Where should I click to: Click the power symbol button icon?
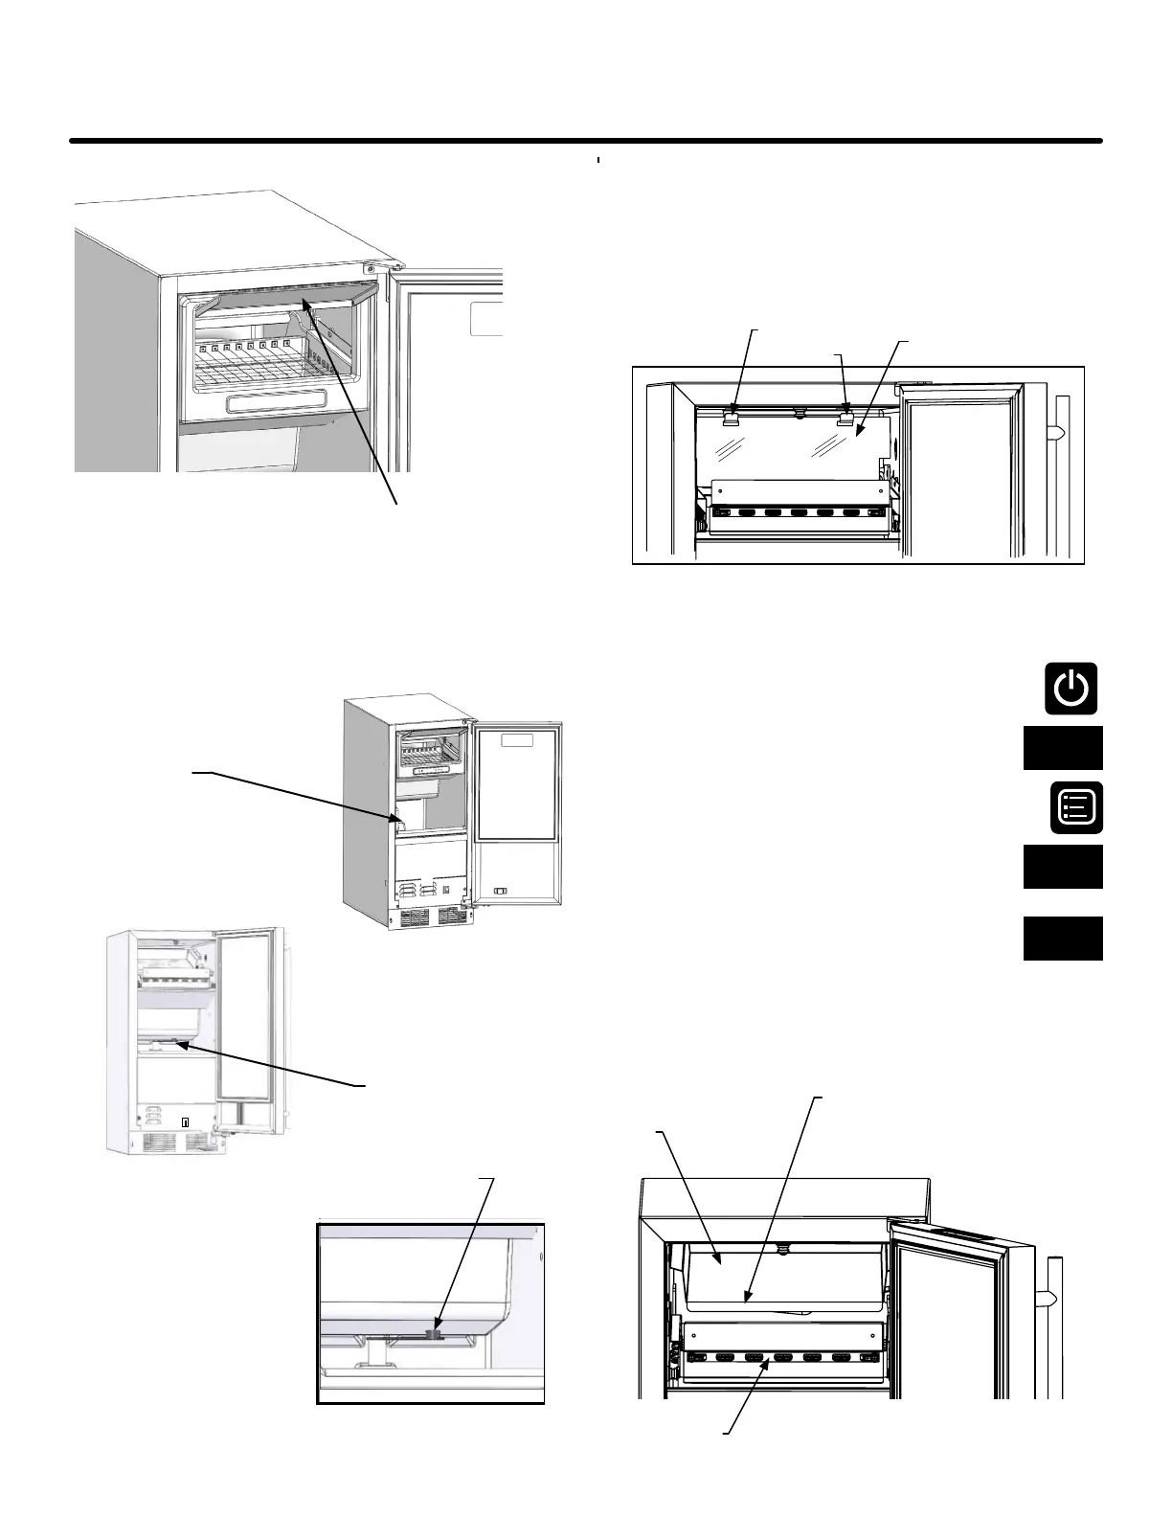(x=1071, y=688)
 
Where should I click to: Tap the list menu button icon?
(x=1075, y=806)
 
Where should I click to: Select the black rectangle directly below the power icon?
(x=1063, y=748)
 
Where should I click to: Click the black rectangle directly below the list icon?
(x=1063, y=867)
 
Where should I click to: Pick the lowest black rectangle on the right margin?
(x=1063, y=939)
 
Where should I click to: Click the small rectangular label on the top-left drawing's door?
(x=486, y=321)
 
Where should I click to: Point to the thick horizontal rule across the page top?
(x=586, y=142)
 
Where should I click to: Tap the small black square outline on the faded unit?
(x=187, y=1121)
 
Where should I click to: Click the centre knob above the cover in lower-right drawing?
(x=783, y=1250)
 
